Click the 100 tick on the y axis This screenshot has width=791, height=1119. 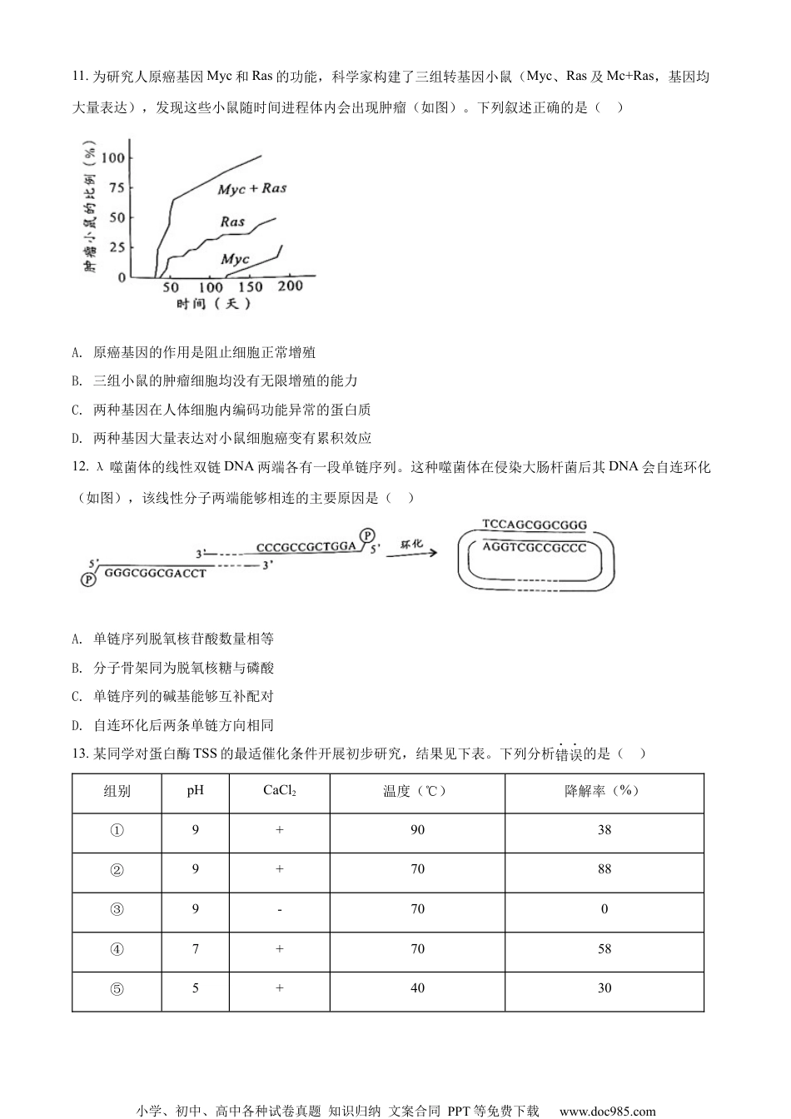pyautogui.click(x=113, y=157)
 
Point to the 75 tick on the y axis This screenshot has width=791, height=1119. pyautogui.click(x=116, y=187)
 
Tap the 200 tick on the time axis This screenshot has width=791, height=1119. pyautogui.click(x=290, y=286)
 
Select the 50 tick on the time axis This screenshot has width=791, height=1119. pyautogui.click(x=171, y=287)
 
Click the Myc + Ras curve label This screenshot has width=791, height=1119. pyautogui.click(x=251, y=189)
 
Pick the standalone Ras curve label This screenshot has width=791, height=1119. pyautogui.click(x=232, y=221)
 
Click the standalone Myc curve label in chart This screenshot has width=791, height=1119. pyautogui.click(x=235, y=259)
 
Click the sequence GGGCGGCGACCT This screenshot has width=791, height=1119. pyautogui.click(x=156, y=574)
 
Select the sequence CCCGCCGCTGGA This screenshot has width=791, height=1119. pyautogui.click(x=306, y=547)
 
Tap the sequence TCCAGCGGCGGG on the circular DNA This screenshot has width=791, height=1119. pyautogui.click(x=534, y=525)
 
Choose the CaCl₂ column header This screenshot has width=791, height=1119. pyautogui.click(x=280, y=791)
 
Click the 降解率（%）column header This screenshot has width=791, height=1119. pyautogui.click(x=604, y=791)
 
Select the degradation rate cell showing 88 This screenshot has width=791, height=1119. pyautogui.click(x=604, y=869)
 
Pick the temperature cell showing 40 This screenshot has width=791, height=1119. pyautogui.click(x=417, y=988)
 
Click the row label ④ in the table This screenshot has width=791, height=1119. pyautogui.click(x=117, y=949)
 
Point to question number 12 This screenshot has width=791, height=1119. pyautogui.click(x=80, y=468)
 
